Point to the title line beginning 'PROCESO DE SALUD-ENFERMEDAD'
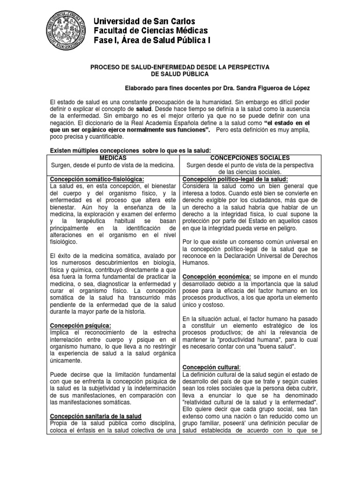(x=180, y=67)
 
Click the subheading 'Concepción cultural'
(x=211, y=367)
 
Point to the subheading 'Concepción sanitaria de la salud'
(x=95, y=416)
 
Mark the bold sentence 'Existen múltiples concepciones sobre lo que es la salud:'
(x=131, y=150)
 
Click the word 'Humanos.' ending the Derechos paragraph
(x=195, y=263)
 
